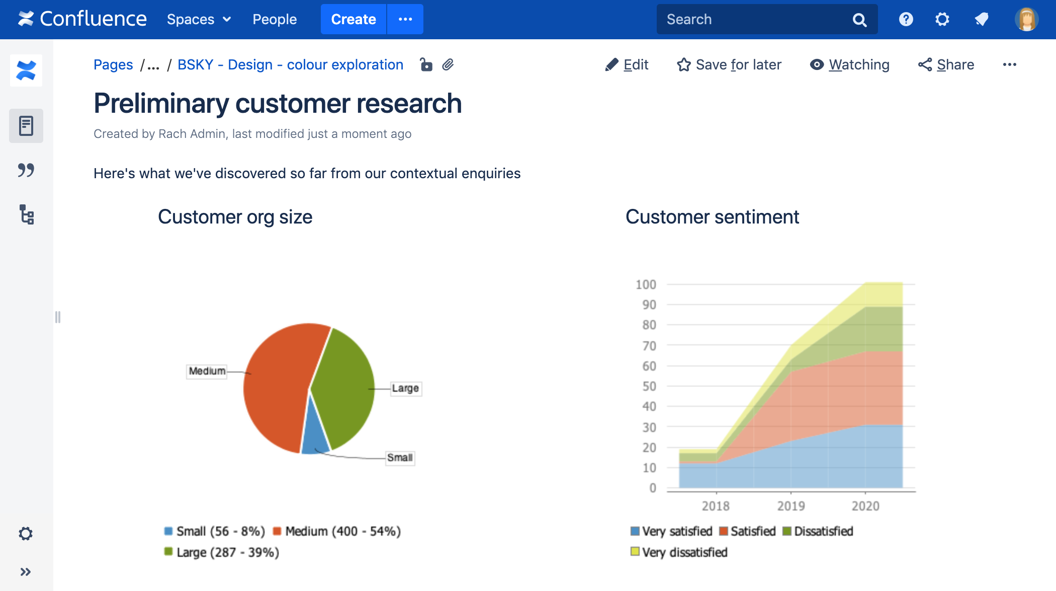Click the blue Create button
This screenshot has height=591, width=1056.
[353, 19]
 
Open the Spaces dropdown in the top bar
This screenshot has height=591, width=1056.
[199, 19]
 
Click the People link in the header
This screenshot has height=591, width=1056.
[275, 19]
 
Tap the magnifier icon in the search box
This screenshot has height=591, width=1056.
[859, 20]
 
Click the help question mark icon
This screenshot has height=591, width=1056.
[906, 19]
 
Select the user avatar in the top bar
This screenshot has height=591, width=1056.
[1026, 19]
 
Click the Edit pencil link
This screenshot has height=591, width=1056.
[627, 64]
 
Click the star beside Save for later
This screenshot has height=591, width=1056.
[683, 64]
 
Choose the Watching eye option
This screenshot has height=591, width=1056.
[850, 64]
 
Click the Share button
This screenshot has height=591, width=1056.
[946, 64]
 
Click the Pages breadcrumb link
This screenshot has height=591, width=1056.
[113, 64]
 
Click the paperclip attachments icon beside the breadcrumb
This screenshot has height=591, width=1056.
[448, 64]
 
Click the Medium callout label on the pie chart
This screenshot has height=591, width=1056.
[207, 371]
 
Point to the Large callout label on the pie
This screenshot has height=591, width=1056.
[405, 388]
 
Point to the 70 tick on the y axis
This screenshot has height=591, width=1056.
[649, 346]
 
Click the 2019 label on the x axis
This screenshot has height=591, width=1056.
[790, 506]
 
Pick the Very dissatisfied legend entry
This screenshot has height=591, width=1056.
[679, 552]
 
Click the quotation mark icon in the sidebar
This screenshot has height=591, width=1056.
[26, 170]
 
